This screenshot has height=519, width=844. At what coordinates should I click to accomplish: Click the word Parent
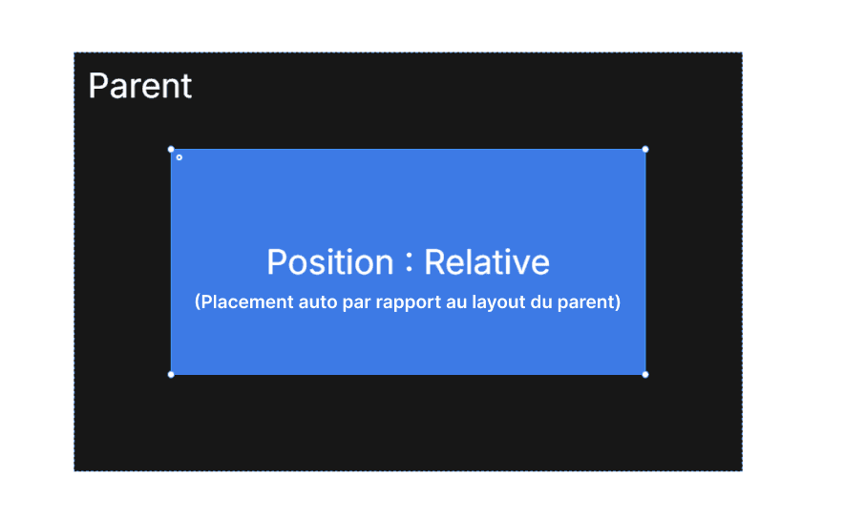tap(139, 86)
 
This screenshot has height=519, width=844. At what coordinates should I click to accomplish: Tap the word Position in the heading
tap(329, 262)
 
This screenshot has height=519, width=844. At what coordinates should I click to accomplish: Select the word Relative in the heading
tap(487, 262)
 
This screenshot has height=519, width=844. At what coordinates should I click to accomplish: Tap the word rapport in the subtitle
tap(392, 303)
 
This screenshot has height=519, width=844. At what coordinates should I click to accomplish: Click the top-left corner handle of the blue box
tap(171, 149)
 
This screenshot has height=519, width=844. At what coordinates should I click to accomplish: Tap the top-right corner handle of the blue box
tap(645, 149)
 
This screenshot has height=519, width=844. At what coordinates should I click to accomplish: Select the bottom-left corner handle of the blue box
tap(171, 374)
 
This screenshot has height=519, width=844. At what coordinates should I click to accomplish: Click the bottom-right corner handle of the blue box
tap(645, 374)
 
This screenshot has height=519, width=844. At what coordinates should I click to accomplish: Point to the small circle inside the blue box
tap(179, 157)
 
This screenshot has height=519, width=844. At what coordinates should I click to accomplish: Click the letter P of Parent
tap(96, 86)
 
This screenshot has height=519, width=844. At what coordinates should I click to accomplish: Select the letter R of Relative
tap(433, 262)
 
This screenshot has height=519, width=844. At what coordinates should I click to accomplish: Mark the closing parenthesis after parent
tap(618, 303)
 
